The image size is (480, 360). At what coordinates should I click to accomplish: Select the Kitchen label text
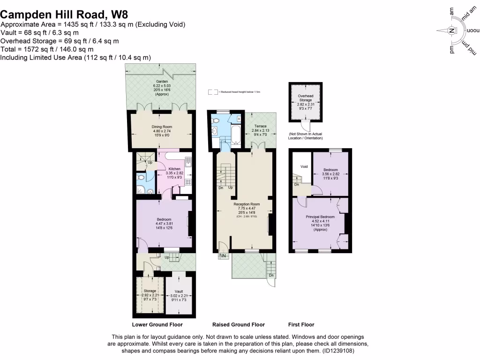(x=174, y=169)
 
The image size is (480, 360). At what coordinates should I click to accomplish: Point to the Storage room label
(x=150, y=291)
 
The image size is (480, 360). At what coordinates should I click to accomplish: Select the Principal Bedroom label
(x=320, y=217)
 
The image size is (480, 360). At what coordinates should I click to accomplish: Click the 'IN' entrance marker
(x=224, y=255)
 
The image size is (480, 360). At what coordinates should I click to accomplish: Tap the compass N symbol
(x=451, y=31)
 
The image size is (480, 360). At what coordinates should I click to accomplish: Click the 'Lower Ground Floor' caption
(x=157, y=324)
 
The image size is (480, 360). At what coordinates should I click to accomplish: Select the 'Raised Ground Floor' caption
(x=238, y=324)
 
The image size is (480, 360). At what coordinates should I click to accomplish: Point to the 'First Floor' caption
(x=301, y=324)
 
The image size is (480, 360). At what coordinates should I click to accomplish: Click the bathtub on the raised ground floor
(x=235, y=135)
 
